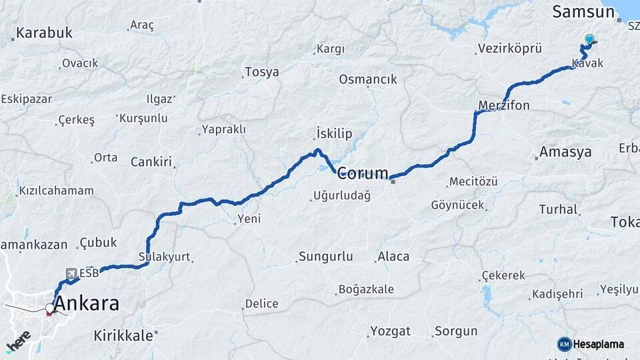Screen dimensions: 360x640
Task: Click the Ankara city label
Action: coord(87,304)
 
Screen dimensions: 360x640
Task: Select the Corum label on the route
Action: coord(363,174)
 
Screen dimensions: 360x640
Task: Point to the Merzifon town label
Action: coord(503,105)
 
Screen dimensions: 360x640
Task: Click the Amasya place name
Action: coord(565,152)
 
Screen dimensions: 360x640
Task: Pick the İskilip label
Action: coord(333,134)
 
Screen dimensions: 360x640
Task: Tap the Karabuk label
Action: coord(44,33)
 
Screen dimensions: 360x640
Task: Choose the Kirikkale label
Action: coord(123,335)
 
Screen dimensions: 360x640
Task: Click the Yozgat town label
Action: coord(390,331)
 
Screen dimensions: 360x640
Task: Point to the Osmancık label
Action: coord(367,79)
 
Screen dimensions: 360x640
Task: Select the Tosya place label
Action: coord(262,72)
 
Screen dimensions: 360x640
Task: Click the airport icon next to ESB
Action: coord(71,273)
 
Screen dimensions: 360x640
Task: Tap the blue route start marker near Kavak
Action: coord(589,39)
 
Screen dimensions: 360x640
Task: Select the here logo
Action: coord(18,341)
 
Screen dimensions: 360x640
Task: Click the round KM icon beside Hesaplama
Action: coord(564,344)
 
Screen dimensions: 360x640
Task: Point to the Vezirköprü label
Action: coord(510,49)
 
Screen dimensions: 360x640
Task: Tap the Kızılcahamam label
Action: coord(56,191)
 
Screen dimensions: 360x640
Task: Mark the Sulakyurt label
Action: coord(164,257)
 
